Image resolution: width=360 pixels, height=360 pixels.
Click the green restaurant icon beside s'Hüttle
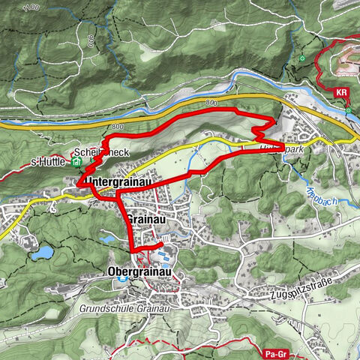(77, 160)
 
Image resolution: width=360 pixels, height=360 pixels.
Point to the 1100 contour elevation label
(30, 7)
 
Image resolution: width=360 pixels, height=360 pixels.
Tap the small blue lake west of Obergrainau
(41, 252)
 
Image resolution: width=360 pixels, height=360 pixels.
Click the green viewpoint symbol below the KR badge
(349, 109)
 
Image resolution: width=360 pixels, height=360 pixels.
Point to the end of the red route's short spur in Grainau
(161, 244)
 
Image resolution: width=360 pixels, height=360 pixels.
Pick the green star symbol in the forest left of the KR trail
(303, 58)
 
